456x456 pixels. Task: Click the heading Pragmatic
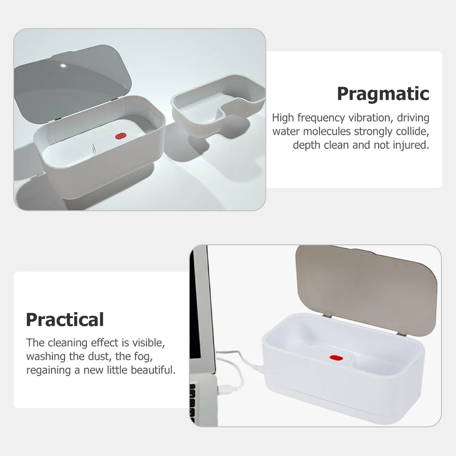pyautogui.click(x=383, y=94)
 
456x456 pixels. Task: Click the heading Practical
pyautogui.click(x=65, y=319)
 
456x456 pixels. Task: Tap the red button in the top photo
pyautogui.click(x=121, y=136)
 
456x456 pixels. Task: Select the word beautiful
pyautogui.click(x=153, y=370)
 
